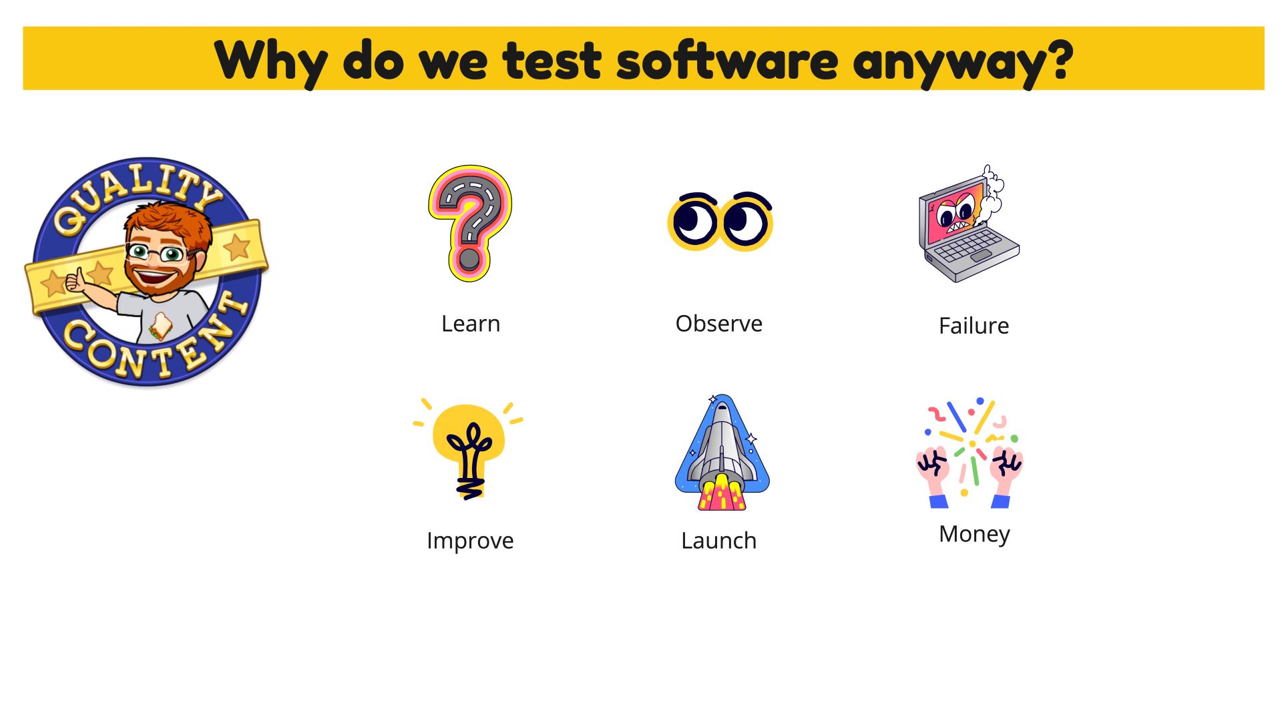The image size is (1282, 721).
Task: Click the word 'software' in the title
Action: click(727, 60)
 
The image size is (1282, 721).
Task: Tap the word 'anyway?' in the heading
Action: click(963, 63)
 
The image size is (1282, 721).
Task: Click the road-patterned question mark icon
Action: click(469, 223)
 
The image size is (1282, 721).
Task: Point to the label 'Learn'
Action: click(471, 324)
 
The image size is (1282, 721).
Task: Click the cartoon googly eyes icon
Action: click(720, 221)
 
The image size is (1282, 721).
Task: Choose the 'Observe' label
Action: click(719, 324)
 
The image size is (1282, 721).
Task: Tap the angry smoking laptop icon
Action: click(969, 224)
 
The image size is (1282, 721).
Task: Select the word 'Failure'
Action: click(974, 326)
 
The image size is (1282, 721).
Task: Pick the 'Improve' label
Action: click(470, 541)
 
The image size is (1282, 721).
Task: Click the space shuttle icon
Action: click(722, 453)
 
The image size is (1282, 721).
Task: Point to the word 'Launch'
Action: click(719, 541)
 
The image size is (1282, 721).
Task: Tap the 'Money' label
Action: click(974, 534)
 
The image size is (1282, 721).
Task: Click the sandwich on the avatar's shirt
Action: click(160, 326)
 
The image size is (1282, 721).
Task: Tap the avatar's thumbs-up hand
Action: click(75, 280)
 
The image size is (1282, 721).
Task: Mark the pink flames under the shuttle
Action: click(721, 493)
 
